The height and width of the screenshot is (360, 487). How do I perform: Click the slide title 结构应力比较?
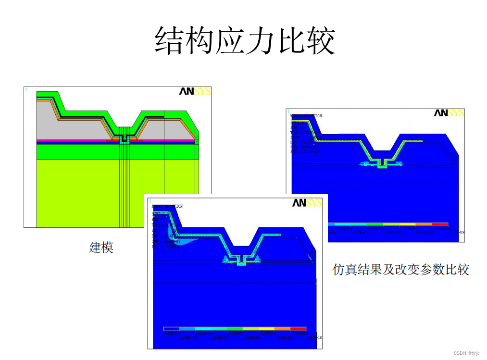245,40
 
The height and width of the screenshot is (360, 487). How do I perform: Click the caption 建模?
101,248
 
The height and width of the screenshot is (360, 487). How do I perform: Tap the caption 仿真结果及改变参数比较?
400,269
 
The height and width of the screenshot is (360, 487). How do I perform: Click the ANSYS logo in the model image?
195,91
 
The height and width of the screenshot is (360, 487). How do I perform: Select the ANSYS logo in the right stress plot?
449,113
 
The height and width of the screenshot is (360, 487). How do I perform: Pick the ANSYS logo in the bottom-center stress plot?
307,202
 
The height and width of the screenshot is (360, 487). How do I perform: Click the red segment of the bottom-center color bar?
298,329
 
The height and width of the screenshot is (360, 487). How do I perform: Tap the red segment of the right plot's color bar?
439,224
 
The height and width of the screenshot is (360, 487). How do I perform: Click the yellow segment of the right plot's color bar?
407,224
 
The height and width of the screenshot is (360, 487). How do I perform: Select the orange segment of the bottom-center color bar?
282,329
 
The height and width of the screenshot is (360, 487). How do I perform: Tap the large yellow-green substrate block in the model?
77,192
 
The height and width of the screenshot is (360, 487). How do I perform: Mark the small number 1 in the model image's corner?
26,89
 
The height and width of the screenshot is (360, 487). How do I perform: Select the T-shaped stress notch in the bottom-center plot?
241,261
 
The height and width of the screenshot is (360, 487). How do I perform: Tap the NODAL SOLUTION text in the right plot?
308,116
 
